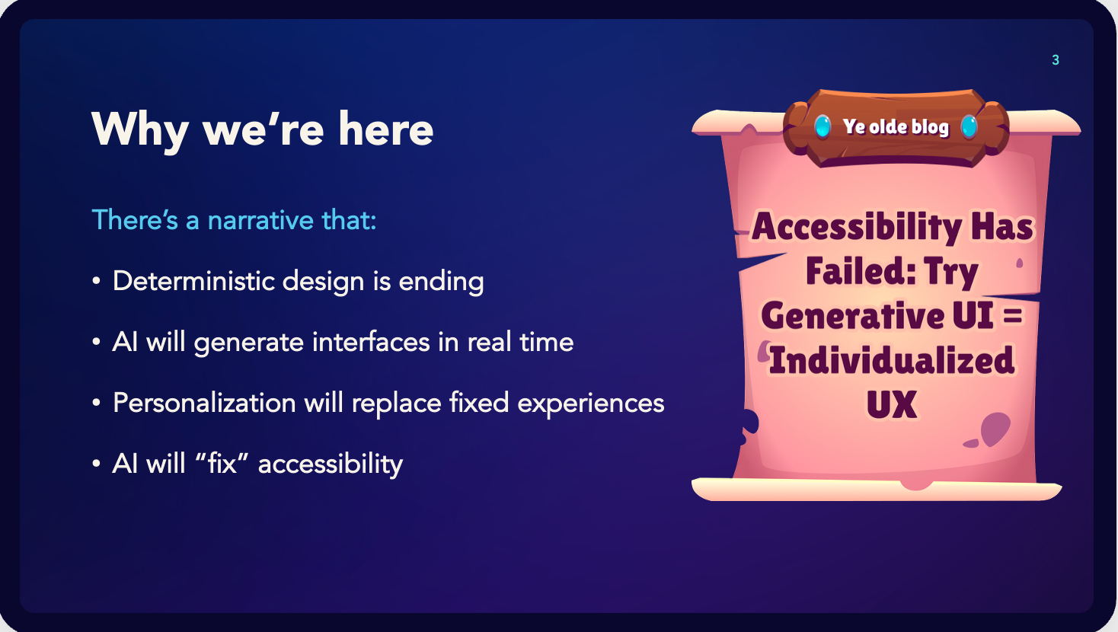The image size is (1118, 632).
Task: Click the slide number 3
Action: coord(1055,60)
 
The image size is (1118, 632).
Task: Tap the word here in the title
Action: coord(386,129)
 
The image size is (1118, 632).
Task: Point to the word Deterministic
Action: coord(193,280)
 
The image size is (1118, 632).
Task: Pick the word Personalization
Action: coord(204,402)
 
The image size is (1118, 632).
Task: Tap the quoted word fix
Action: coord(222,463)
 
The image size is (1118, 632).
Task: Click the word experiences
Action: coord(590,404)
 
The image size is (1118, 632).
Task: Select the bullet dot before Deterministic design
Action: coord(96,281)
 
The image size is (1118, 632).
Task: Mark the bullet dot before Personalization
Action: coord(96,403)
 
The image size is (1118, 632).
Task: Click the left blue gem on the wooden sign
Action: coord(823,126)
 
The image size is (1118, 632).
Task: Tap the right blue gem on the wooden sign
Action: coord(969,126)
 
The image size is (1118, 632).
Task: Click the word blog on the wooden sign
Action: coord(930,127)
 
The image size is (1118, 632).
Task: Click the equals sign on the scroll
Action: coord(1013,316)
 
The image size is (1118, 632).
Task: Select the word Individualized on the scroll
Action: coord(892,360)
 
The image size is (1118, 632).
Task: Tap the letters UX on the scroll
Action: coord(892,404)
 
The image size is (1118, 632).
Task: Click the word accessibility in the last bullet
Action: coord(331,464)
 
